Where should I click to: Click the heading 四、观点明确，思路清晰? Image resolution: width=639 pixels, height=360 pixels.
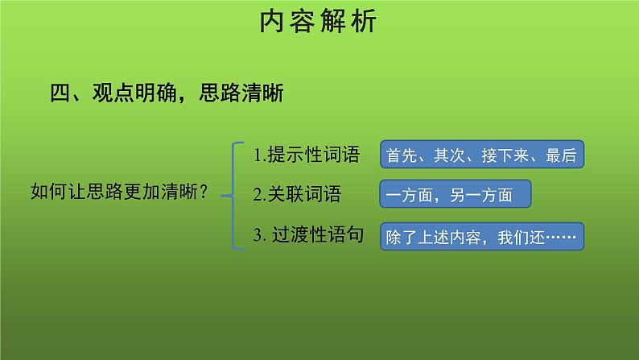pyautogui.click(x=167, y=95)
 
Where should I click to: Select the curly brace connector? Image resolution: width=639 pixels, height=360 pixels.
pyautogui.click(x=236, y=195)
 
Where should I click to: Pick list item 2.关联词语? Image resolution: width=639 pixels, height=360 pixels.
pyautogui.click(x=296, y=194)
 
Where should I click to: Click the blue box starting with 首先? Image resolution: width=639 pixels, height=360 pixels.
pyautogui.click(x=481, y=155)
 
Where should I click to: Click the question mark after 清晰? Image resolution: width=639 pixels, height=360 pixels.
pyautogui.click(x=205, y=192)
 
